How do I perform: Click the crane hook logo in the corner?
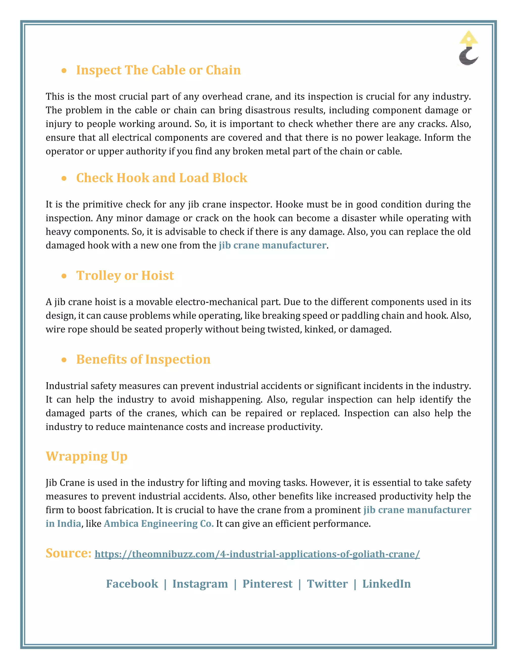pos(468,48)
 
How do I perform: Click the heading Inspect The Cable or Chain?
pos(158,70)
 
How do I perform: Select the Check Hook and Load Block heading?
pos(161,178)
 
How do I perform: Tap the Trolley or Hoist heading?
pos(125,276)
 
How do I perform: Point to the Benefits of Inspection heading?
pos(143,359)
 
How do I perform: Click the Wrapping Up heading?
pos(86,456)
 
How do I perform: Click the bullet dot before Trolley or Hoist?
pos(64,276)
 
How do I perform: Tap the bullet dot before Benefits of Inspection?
pos(64,360)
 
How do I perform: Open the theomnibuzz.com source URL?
pos(257,554)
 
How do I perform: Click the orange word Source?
pos(68,553)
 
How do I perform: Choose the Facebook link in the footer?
pos(132,584)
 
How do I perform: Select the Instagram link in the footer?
pos(200,584)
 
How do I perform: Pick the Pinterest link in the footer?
pos(267,584)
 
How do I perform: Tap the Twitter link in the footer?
pos(327,584)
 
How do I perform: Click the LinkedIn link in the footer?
pos(386,584)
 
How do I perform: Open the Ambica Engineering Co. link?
pos(159,524)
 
